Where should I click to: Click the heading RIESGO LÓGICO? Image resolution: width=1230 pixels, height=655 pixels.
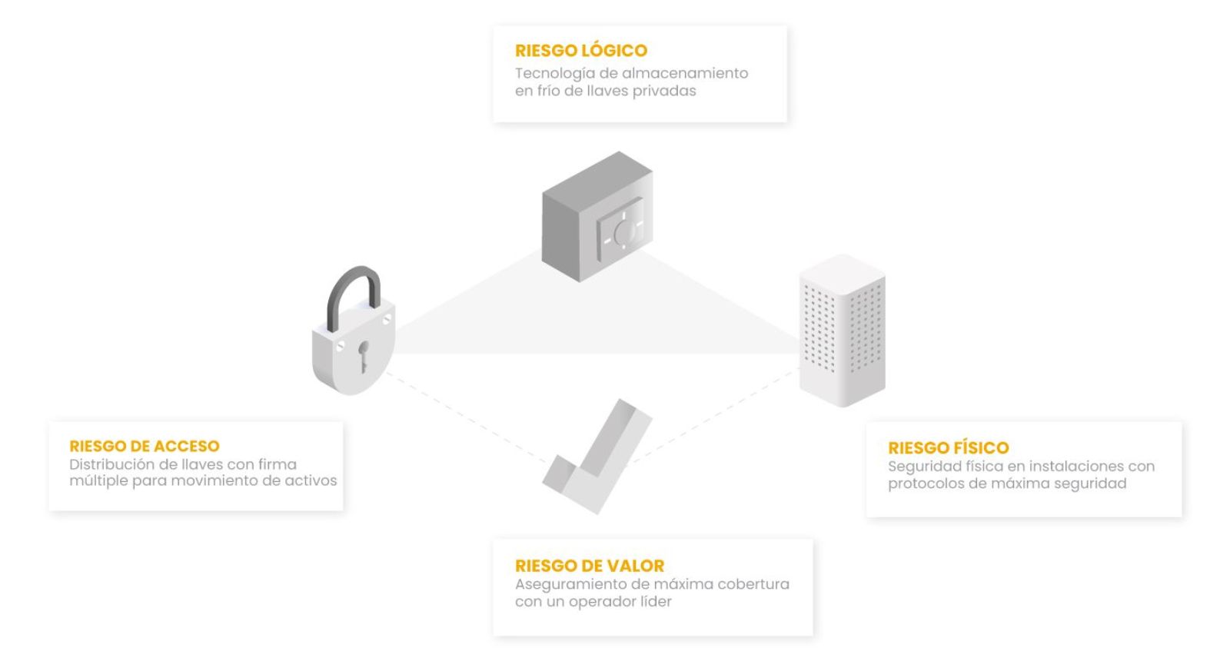point(581,51)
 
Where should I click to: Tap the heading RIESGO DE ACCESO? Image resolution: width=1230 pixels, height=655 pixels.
point(145,446)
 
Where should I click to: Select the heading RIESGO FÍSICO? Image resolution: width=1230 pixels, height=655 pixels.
point(948,447)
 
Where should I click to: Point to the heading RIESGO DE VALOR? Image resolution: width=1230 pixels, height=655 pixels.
point(590,566)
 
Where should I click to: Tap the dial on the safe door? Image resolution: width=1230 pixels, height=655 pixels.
point(621,231)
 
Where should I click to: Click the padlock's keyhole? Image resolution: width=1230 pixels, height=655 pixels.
point(363,355)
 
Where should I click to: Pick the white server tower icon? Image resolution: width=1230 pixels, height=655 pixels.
point(842,331)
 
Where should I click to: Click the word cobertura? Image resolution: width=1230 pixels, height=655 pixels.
point(753,584)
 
